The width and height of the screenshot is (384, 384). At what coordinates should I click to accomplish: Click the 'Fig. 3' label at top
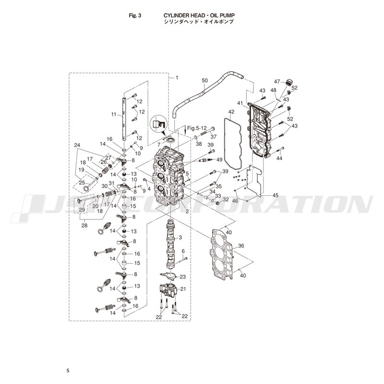pos(135,15)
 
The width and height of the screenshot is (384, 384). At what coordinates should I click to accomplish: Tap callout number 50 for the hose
pos(205,80)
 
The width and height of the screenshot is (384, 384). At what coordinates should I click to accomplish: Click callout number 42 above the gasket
pos(231,112)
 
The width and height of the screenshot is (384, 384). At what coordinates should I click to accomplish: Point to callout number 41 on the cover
pos(240,103)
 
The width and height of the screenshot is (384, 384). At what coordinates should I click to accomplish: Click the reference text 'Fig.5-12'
pos(197,128)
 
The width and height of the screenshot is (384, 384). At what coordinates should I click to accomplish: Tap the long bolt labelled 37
pos(208,131)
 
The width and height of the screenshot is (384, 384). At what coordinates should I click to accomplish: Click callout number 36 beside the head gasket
pos(241,246)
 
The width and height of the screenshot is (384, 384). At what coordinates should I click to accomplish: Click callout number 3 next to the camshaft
pos(180,237)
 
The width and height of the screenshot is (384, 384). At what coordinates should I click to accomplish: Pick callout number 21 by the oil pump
pos(183,289)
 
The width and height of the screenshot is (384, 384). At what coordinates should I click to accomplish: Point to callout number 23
pos(183,277)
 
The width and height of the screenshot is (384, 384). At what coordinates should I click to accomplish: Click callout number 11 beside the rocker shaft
pos(114,114)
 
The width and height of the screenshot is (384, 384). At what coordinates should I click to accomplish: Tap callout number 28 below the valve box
pos(84,225)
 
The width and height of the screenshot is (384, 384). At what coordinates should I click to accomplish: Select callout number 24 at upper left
pos(77,145)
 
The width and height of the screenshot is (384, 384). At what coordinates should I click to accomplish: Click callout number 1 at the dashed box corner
pos(177,78)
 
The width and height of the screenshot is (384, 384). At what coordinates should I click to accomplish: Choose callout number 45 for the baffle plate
pos(276,195)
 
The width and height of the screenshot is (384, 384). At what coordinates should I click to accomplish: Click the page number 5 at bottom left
pos(68,371)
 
